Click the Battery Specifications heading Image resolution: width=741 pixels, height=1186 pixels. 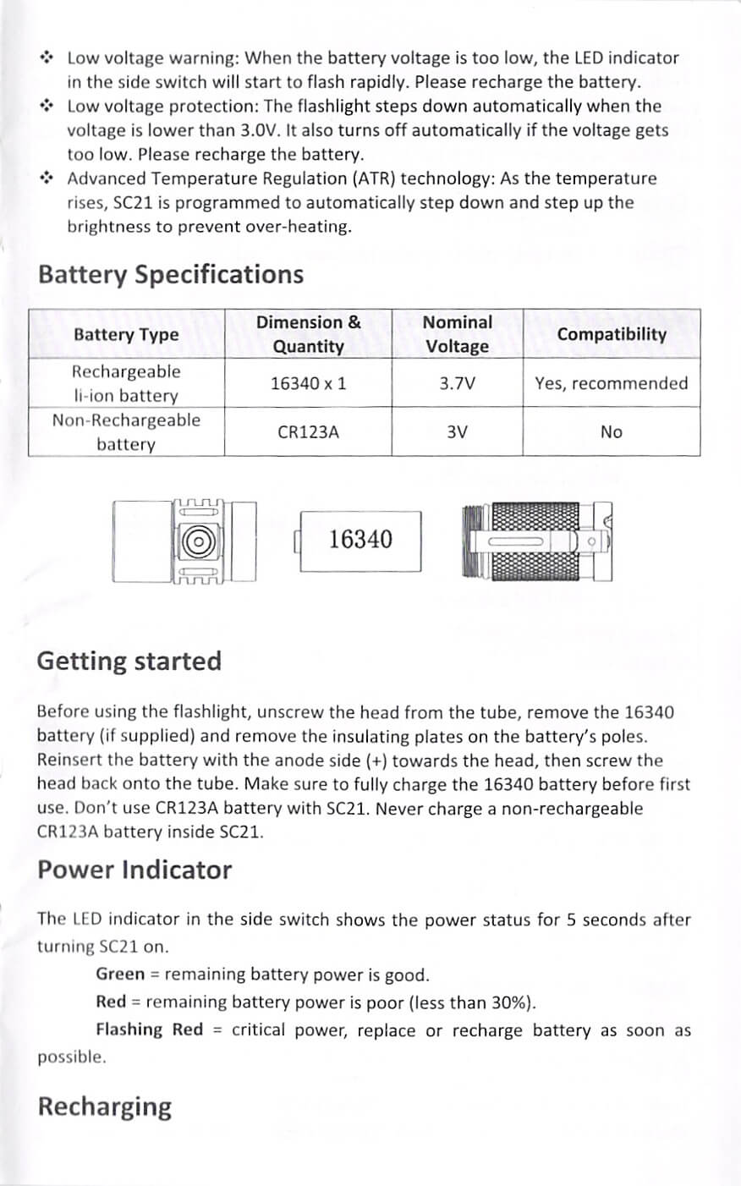pyautogui.click(x=170, y=275)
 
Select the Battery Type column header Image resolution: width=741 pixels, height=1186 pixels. pyautogui.click(x=126, y=335)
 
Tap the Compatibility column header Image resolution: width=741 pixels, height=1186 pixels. pyautogui.click(x=611, y=334)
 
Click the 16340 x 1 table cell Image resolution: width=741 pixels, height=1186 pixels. pyautogui.click(x=308, y=383)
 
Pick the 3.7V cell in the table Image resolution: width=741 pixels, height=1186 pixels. pyautogui.click(x=457, y=383)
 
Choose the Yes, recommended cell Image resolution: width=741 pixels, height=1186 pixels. pyautogui.click(x=611, y=383)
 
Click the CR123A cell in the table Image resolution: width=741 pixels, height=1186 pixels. pyautogui.click(x=308, y=432)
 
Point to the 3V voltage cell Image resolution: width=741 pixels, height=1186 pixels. pyautogui.click(x=457, y=432)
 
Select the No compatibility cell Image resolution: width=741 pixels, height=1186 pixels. pyautogui.click(x=611, y=432)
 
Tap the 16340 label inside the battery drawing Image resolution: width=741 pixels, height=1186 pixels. pyautogui.click(x=360, y=539)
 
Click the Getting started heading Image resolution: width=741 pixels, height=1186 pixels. pyautogui.click(x=129, y=661)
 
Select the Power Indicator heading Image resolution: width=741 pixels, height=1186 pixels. pyautogui.click(x=134, y=870)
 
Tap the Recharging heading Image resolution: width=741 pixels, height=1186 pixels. pyautogui.click(x=104, y=1106)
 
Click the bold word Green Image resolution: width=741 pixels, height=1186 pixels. pyautogui.click(x=120, y=975)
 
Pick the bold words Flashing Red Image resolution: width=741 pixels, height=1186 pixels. pyautogui.click(x=149, y=1030)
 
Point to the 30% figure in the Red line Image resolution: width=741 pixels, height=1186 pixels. pyautogui.click(x=508, y=1002)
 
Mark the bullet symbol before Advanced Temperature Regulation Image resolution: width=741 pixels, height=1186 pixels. pyautogui.click(x=47, y=178)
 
